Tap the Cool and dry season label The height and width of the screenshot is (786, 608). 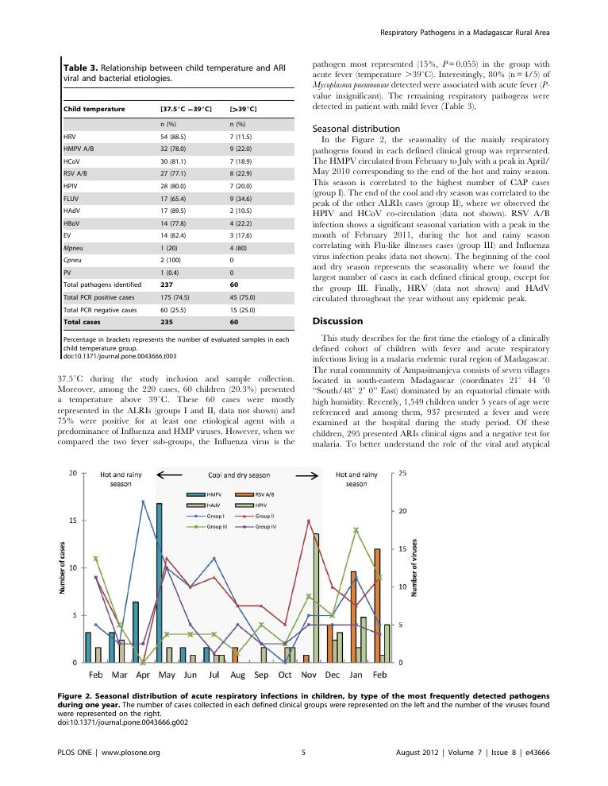(x=238, y=475)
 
